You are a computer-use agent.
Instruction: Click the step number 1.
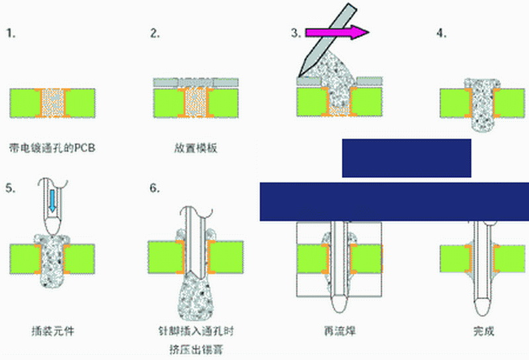pyautogui.click(x=11, y=33)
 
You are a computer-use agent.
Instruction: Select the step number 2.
pyautogui.click(x=155, y=33)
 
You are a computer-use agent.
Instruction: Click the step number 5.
pyautogui.click(x=10, y=188)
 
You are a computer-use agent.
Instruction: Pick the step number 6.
pyautogui.click(x=155, y=188)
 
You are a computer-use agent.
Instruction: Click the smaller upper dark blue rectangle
pyautogui.click(x=406, y=157)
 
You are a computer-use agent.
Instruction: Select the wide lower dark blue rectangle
pyautogui.click(x=394, y=201)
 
